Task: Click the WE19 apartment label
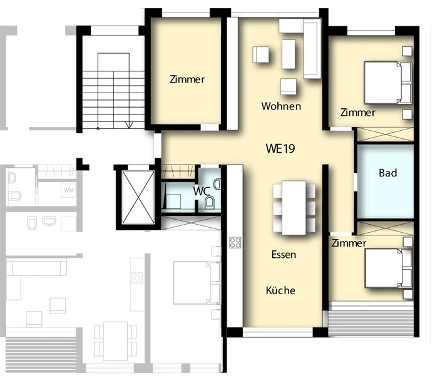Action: (x=280, y=148)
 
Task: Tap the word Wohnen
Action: (x=281, y=106)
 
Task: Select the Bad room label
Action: (x=387, y=173)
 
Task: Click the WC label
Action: (x=202, y=191)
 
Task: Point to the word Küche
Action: (x=280, y=290)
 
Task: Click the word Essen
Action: (x=284, y=255)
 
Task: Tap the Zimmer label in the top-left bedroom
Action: (x=187, y=79)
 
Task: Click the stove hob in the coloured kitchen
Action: (x=235, y=243)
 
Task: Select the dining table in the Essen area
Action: (x=294, y=208)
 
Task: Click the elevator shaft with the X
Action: (x=138, y=197)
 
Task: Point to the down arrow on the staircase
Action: (x=129, y=125)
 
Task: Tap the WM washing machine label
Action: (x=68, y=190)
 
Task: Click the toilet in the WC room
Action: (x=210, y=202)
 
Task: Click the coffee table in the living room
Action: (x=289, y=54)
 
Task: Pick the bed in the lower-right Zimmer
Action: (x=388, y=268)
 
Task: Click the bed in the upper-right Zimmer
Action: (x=387, y=83)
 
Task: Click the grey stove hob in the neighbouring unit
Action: (x=137, y=278)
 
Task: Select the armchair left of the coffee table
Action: (x=261, y=54)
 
